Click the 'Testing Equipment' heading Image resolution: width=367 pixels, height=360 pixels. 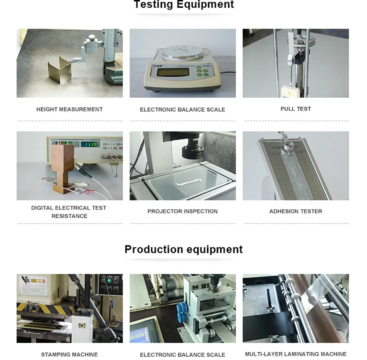coord(183,5)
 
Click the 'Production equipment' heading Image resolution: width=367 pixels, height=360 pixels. coord(183,249)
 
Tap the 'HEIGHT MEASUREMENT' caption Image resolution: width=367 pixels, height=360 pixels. coord(69,109)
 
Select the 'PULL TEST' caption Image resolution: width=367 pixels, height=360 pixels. coord(296,109)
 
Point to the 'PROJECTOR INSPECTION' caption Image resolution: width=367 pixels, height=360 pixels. coord(182,211)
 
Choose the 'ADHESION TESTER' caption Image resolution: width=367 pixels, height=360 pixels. coord(296,211)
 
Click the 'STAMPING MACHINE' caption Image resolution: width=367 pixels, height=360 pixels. coord(69,354)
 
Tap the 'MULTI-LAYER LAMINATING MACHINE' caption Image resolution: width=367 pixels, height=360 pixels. coord(296,354)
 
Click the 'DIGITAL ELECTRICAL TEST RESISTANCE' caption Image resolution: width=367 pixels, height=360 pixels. coord(69,211)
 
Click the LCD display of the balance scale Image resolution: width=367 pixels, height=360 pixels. coord(172,72)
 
